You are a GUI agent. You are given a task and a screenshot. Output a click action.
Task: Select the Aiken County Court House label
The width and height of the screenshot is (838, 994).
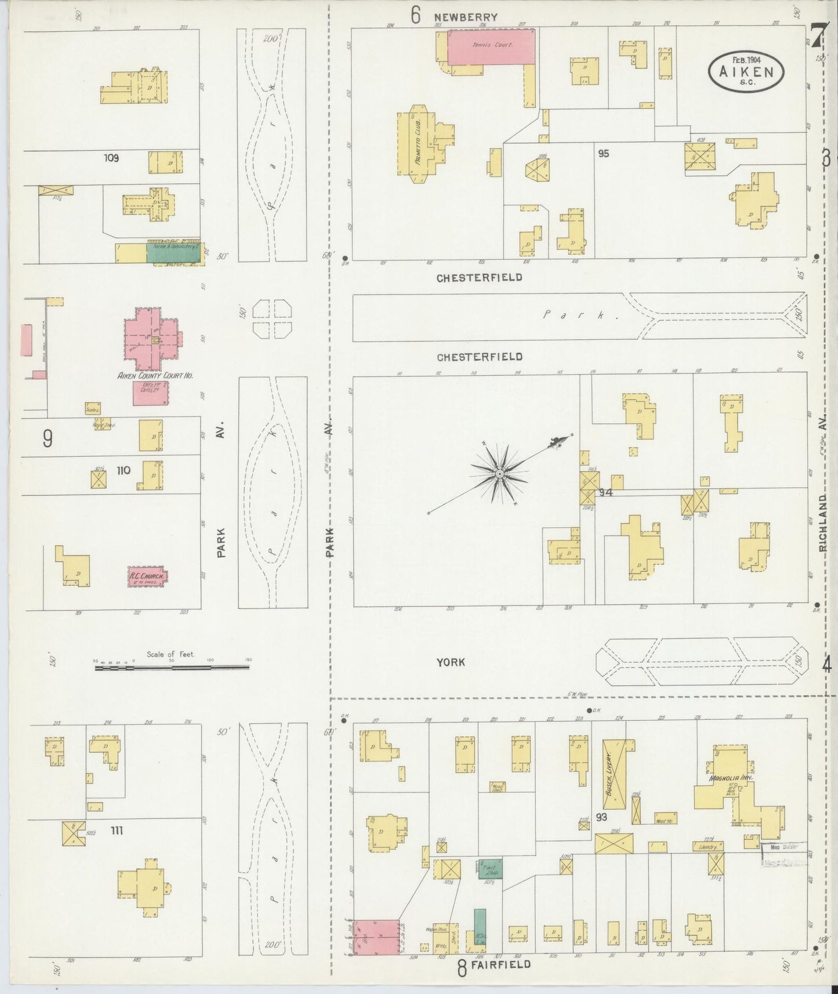[155, 375]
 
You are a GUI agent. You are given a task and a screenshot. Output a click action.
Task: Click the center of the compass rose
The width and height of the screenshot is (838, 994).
[499, 474]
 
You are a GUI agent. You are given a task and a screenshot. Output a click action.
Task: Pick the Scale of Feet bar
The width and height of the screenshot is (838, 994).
[172, 667]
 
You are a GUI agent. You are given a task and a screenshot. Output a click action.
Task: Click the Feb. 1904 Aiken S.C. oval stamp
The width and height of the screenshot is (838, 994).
[746, 69]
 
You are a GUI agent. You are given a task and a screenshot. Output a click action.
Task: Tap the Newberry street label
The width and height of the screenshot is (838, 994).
[466, 17]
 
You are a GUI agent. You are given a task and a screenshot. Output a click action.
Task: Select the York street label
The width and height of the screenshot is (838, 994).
[451, 662]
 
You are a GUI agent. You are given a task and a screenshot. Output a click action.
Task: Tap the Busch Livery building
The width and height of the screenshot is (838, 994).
[616, 774]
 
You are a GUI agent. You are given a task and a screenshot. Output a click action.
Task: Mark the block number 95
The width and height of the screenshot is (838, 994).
[603, 154]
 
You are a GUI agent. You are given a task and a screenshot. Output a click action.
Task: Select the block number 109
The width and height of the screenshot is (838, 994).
[111, 158]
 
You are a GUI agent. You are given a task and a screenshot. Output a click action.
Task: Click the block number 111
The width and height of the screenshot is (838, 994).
[116, 831]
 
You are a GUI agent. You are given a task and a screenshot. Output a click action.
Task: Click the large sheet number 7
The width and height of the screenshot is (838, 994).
[817, 37]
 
